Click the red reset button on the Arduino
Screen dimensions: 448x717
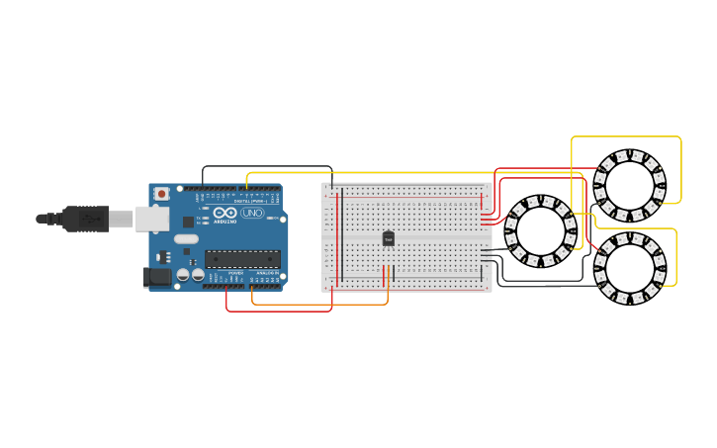point(161,194)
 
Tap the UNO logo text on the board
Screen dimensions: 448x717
point(253,213)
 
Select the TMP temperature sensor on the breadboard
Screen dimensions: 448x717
point(388,238)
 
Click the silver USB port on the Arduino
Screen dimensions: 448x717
point(151,219)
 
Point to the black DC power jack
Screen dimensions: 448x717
point(156,278)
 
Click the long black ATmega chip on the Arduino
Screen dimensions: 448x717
point(242,259)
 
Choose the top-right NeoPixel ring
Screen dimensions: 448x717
point(629,184)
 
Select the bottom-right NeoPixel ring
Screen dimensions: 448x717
point(630,267)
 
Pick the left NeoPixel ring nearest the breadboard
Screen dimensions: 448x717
point(540,231)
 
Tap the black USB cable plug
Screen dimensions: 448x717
point(85,219)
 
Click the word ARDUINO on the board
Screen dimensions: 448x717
point(225,222)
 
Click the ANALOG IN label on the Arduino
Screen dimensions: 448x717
point(264,272)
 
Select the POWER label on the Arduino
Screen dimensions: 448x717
point(235,272)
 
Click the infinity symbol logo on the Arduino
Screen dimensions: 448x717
point(225,213)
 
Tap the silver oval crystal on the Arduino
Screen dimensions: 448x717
point(186,238)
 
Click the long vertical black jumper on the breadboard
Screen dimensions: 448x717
point(342,237)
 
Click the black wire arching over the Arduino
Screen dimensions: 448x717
point(267,167)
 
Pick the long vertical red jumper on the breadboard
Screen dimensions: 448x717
point(336,237)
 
